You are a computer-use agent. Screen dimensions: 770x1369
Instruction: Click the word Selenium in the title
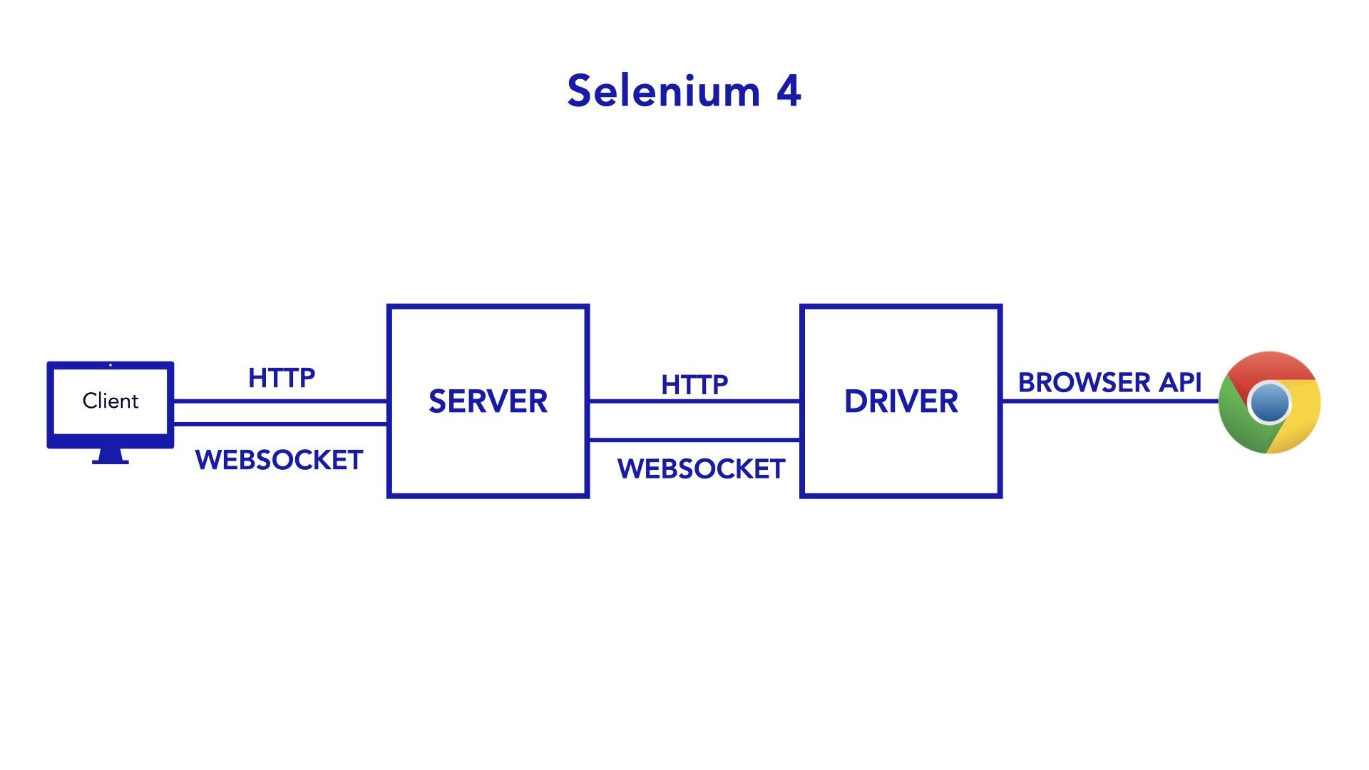point(664,92)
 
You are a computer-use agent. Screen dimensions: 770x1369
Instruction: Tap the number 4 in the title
point(789,92)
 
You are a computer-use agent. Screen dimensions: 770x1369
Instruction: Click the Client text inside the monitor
point(111,401)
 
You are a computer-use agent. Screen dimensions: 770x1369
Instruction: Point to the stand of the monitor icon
point(111,457)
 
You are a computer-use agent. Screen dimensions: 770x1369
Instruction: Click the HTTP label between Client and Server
point(282,378)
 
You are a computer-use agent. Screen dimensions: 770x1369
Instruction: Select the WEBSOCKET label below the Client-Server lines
point(279,461)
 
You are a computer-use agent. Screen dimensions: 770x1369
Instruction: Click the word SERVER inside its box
point(488,402)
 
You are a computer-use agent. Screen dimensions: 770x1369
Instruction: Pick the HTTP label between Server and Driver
point(694,385)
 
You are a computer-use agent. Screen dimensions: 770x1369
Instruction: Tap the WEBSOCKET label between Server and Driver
point(701,469)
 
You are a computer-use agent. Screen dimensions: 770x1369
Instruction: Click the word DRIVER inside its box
point(901,402)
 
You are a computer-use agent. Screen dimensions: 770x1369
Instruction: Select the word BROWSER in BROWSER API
point(1084,383)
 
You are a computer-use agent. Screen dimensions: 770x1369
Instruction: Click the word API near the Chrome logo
point(1181,383)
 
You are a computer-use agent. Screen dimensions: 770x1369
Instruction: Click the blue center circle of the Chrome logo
point(1270,403)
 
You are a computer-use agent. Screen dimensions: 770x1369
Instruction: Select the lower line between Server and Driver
point(694,440)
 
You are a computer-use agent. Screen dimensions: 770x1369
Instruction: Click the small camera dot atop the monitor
point(111,365)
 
